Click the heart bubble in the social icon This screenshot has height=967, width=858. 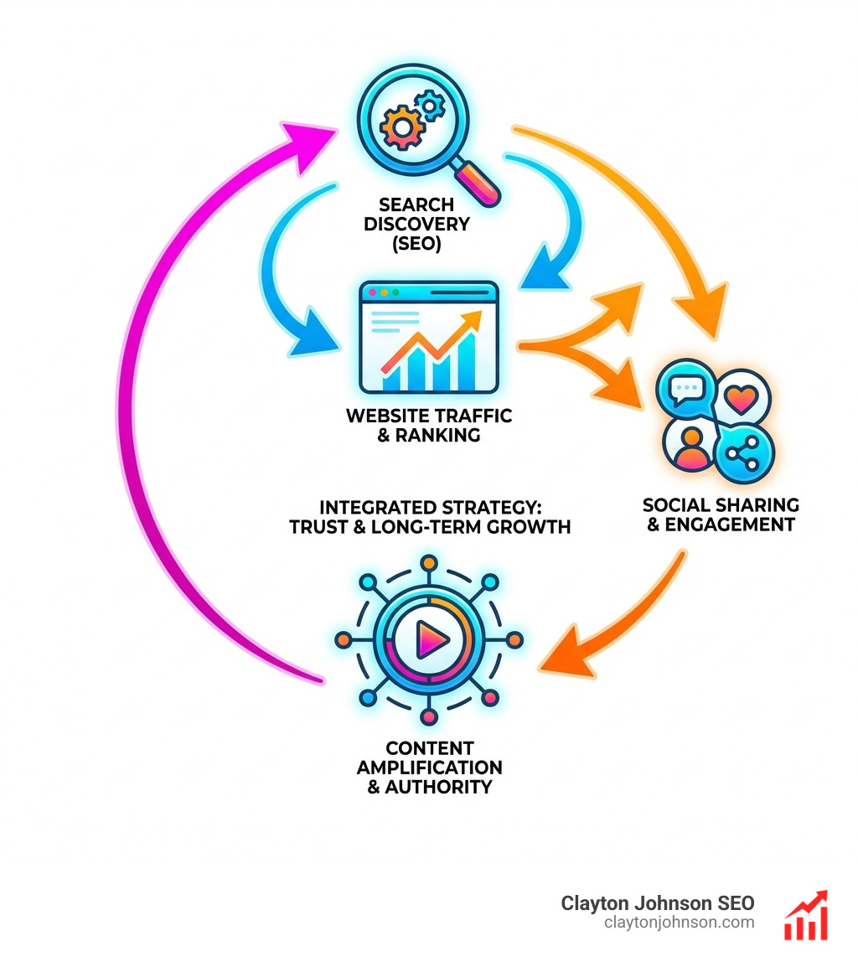click(x=741, y=398)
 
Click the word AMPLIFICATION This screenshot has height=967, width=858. click(x=429, y=767)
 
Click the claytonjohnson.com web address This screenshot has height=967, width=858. click(x=679, y=923)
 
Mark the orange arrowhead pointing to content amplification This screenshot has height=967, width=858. click(x=560, y=657)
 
